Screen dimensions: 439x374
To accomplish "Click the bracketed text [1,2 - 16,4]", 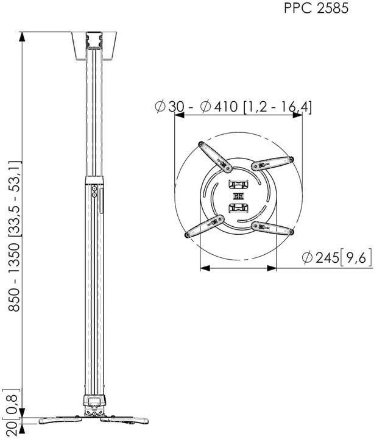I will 277,107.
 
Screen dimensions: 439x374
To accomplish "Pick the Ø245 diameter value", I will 319,259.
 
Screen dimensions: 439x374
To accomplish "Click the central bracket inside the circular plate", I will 237,196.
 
